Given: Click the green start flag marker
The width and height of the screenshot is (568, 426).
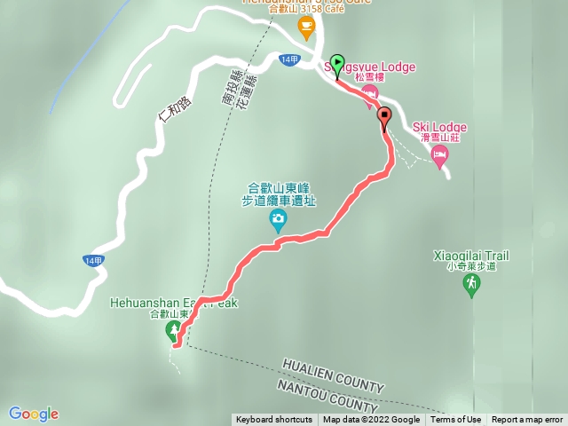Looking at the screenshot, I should click(x=336, y=65).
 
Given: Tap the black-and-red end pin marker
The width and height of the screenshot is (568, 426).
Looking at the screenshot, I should click(x=384, y=117).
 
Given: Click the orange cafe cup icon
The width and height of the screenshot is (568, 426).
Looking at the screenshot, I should click(x=306, y=28).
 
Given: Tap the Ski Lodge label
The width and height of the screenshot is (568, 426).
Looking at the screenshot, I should click(x=439, y=128).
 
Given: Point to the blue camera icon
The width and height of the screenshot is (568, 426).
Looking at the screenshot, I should click(x=279, y=219).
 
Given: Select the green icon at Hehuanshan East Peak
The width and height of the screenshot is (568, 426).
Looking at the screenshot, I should click(x=172, y=332).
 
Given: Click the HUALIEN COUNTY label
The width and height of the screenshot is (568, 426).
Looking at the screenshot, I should click(x=333, y=375).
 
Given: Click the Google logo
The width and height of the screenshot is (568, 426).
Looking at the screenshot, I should click(x=34, y=414).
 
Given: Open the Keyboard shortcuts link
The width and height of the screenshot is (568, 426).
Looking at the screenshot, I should click(x=273, y=420).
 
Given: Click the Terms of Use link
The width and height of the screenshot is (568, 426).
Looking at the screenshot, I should click(x=456, y=420).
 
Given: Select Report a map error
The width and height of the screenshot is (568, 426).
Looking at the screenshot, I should click(x=527, y=420).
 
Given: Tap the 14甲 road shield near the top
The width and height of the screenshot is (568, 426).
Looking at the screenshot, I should click(x=288, y=59).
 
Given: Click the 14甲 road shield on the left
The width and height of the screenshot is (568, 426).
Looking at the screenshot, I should click(x=95, y=260).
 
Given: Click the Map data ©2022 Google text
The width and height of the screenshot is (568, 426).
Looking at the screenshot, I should click(x=371, y=420).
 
